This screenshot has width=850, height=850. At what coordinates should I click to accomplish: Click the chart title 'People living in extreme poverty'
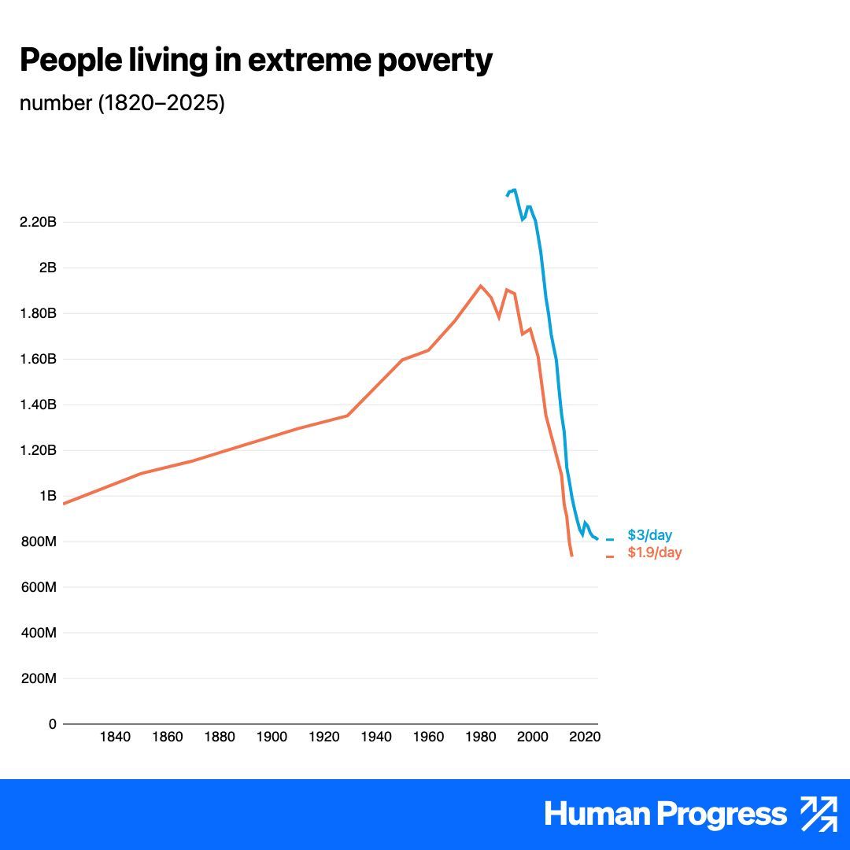click(x=256, y=61)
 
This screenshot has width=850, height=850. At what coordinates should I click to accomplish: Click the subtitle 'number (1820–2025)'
click(x=122, y=103)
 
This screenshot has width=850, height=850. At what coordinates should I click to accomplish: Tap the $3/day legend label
click(x=649, y=536)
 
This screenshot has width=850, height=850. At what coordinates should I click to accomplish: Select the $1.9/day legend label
click(x=654, y=552)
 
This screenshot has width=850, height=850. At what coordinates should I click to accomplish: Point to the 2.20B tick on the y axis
click(x=38, y=222)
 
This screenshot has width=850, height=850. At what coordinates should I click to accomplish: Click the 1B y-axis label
click(x=48, y=496)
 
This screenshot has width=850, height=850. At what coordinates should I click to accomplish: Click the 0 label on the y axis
click(x=52, y=724)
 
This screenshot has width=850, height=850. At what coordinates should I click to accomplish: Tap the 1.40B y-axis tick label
click(x=38, y=405)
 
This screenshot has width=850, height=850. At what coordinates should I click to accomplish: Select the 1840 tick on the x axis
click(x=115, y=737)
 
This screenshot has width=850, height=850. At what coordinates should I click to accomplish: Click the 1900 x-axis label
click(x=272, y=737)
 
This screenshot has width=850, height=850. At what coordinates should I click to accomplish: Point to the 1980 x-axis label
click(x=480, y=737)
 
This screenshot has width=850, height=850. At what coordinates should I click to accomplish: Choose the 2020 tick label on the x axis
click(x=585, y=737)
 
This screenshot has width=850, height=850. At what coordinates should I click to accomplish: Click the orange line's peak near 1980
click(x=481, y=286)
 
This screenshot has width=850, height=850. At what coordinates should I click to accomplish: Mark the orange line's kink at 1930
click(x=348, y=415)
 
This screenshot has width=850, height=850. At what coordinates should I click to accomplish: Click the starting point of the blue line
click(x=507, y=195)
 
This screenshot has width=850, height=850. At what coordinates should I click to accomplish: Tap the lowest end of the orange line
click(x=571, y=556)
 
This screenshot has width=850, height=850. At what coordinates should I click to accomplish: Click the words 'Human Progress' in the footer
click(x=665, y=815)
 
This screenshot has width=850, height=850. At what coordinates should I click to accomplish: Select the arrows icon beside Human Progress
click(x=819, y=814)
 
